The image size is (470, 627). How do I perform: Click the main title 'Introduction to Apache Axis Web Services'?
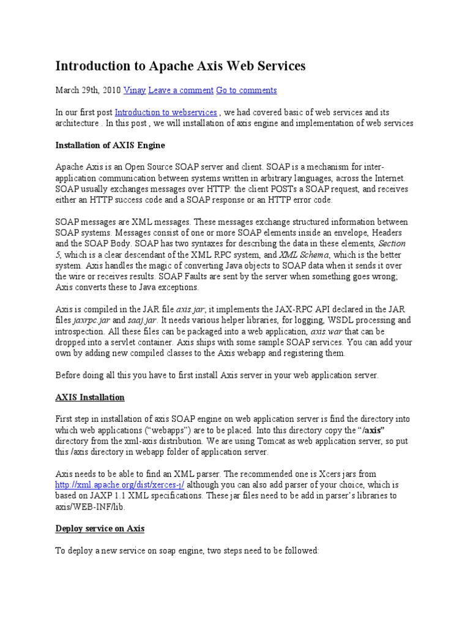181,66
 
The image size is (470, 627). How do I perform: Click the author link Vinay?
135,90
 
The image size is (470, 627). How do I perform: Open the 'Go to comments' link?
246,90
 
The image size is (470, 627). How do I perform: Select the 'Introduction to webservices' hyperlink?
166,113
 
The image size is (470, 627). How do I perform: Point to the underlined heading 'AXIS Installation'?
90,397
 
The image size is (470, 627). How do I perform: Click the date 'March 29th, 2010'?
88,90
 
